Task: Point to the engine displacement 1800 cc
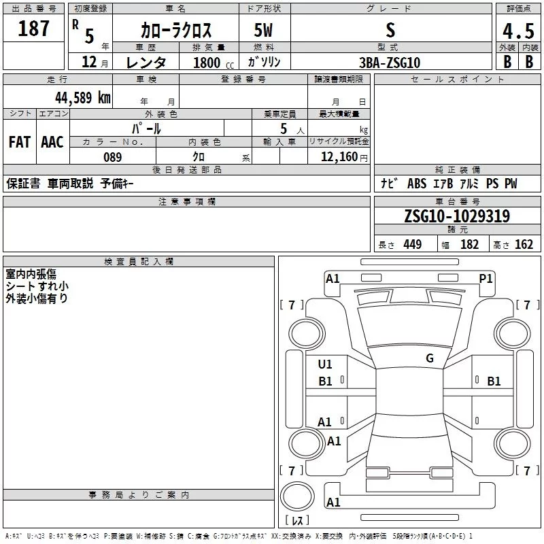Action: pyautogui.click(x=211, y=63)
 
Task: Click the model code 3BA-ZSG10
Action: pyautogui.click(x=390, y=63)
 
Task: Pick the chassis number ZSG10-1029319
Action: pyautogui.click(x=456, y=216)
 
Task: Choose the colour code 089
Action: pyautogui.click(x=112, y=157)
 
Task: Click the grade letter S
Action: pyautogui.click(x=390, y=30)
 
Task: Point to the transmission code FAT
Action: pyautogui.click(x=20, y=142)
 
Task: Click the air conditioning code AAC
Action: pyautogui.click(x=52, y=142)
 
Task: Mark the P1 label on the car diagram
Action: pyautogui.click(x=486, y=278)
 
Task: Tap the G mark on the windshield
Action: pyautogui.click(x=430, y=358)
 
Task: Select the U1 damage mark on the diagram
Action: pyautogui.click(x=325, y=364)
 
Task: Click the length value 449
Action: pyautogui.click(x=412, y=245)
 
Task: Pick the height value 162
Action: pyautogui.click(x=524, y=245)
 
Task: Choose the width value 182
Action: pyautogui.click(x=470, y=245)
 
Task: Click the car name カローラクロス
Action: pyautogui.click(x=176, y=30)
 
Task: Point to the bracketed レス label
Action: pyautogui.click(x=298, y=521)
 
